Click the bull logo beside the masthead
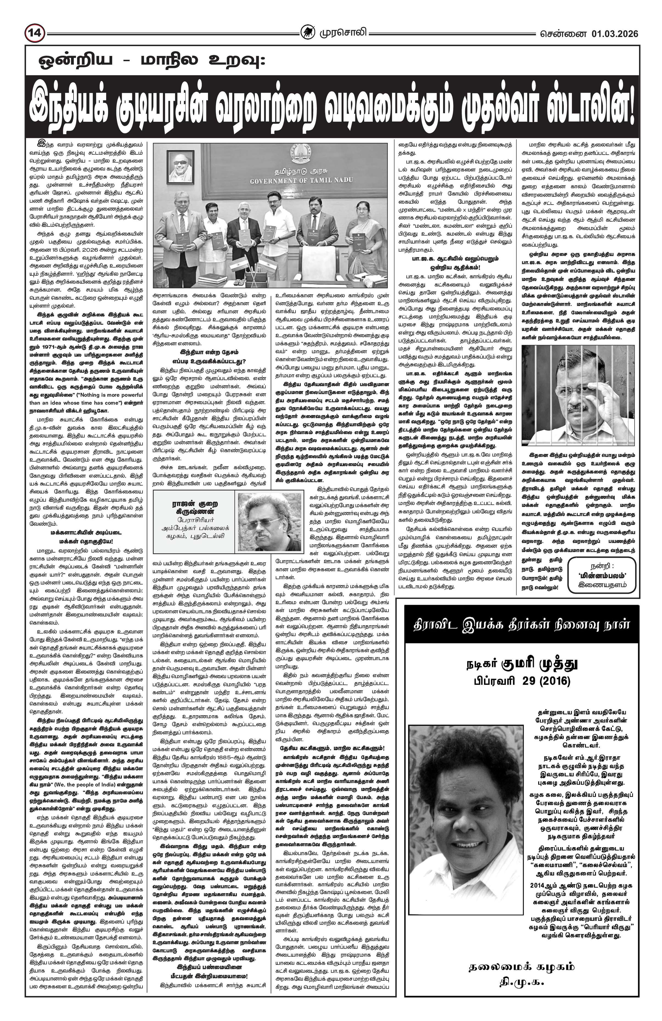coord(307,33)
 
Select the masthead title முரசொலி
coord(342,33)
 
